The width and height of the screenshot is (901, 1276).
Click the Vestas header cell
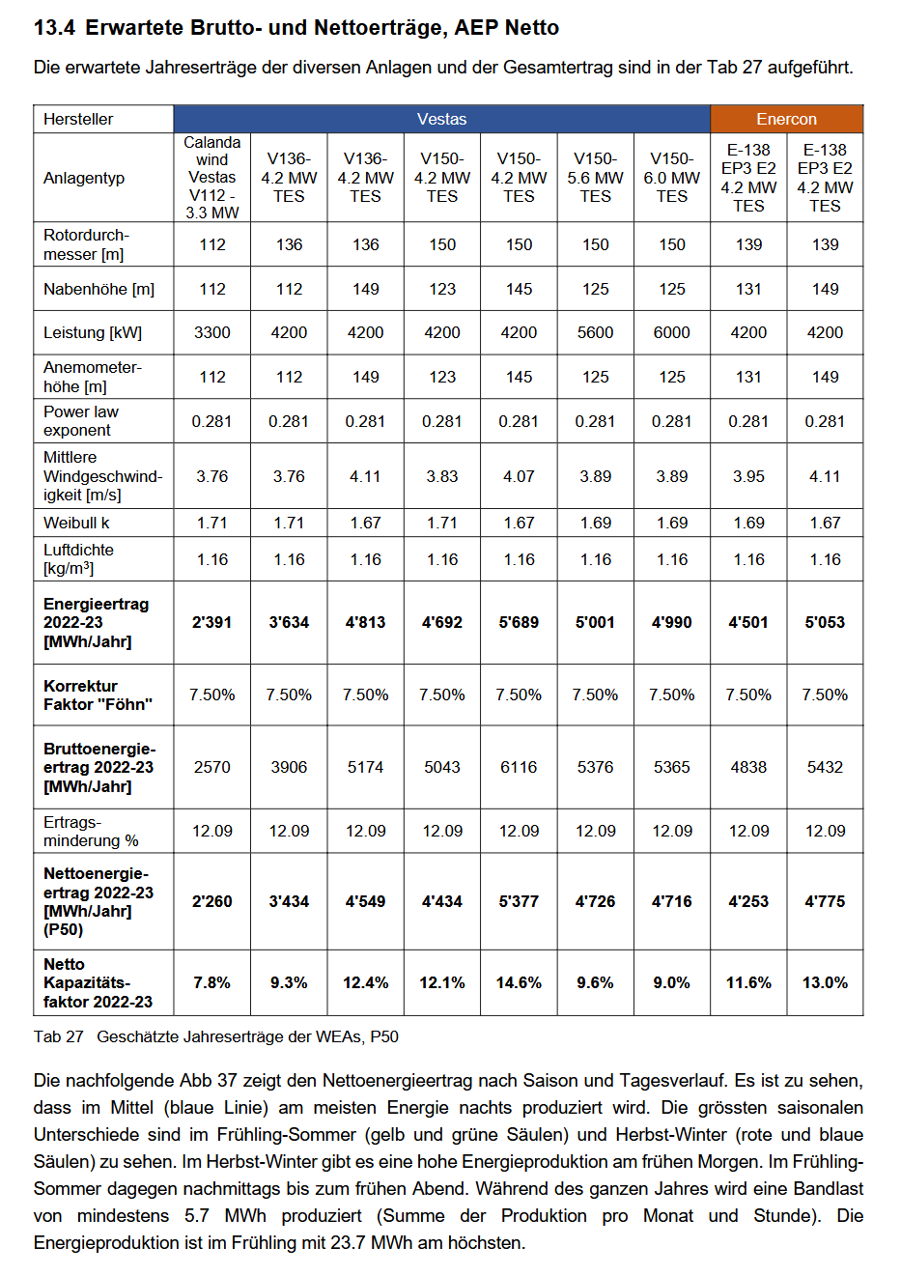(441, 119)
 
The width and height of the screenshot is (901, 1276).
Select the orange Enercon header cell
(786, 119)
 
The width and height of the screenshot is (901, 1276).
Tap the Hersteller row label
(78, 119)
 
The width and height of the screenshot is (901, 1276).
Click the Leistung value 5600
(595, 332)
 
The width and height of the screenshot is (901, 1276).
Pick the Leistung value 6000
(671, 332)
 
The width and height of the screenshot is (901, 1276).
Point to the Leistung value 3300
(211, 332)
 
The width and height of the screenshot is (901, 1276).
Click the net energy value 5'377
(519, 901)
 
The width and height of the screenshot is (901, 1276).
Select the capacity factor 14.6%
(519, 982)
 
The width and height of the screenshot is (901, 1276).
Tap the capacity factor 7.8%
(211, 982)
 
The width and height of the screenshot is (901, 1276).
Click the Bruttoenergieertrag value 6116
(519, 767)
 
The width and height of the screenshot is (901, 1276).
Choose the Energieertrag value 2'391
(211, 622)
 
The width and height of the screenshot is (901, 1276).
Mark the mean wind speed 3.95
(748, 476)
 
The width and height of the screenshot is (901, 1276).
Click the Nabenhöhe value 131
(748, 289)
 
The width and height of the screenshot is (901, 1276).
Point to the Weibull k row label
(76, 523)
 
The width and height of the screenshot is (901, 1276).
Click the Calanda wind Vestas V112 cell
(211, 178)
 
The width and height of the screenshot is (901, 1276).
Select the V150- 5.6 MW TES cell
(595, 178)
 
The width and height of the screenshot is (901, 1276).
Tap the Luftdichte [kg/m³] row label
(78, 559)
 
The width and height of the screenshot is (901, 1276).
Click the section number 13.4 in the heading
(54, 28)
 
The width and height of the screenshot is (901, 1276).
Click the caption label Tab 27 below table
(59, 1036)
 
